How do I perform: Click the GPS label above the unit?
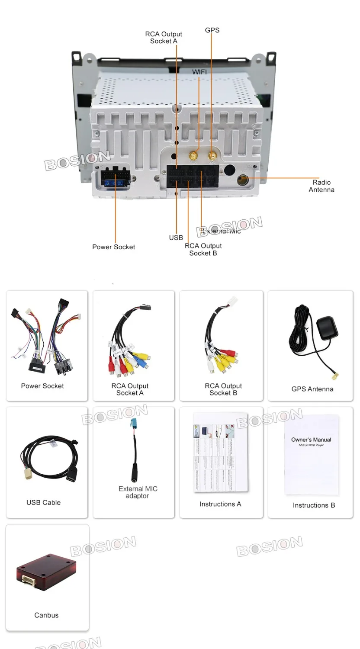(212, 30)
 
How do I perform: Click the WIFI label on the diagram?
(199, 72)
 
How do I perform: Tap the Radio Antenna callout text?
(321, 186)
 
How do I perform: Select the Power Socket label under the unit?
(113, 247)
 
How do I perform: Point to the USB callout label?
(176, 238)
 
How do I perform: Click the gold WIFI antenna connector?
(195, 155)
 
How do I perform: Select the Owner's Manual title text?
(311, 440)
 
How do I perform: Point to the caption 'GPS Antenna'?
(312, 389)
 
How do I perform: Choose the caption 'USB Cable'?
(43, 502)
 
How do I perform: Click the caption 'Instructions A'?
(220, 504)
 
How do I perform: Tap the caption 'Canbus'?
(46, 615)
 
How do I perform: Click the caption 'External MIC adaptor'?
(138, 492)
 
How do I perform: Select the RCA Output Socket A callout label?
(164, 38)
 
